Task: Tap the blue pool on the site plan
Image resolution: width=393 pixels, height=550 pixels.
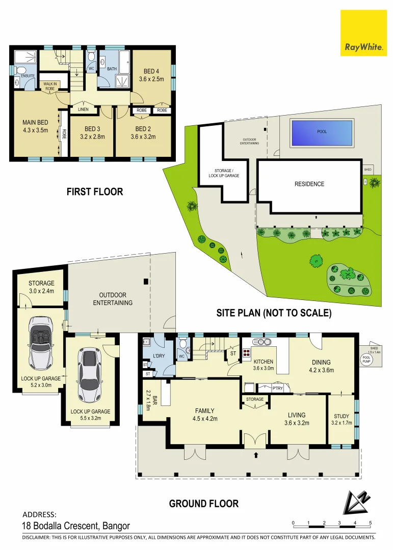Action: (322, 132)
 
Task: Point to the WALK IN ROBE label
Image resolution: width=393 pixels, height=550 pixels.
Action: (49, 86)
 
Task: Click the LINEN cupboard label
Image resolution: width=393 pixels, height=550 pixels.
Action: (83, 109)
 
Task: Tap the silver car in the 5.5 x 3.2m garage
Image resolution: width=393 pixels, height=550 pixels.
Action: (90, 375)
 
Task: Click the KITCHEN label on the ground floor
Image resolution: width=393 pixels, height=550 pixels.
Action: (264, 362)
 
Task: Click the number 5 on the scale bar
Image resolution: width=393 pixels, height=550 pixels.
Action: (370, 523)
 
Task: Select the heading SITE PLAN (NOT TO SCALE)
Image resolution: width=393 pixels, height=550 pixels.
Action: (274, 313)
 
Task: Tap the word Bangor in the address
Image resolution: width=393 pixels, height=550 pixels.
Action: (116, 526)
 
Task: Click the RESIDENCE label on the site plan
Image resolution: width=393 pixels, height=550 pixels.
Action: (309, 184)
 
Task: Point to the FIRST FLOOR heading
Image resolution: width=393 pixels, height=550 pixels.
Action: (95, 192)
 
